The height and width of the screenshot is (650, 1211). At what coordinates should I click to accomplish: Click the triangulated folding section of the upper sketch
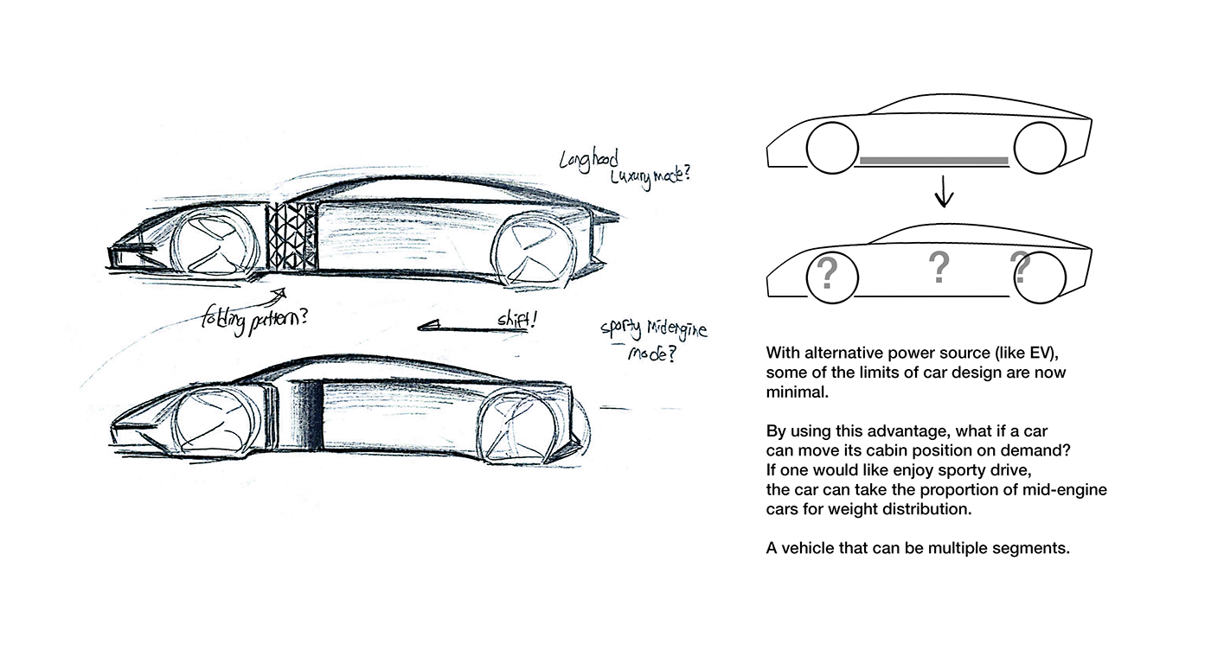pos(289,235)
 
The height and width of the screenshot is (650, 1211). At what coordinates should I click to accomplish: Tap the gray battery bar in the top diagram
pos(934,160)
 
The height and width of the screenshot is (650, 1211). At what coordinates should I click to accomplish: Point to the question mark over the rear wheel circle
pos(1021,269)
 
